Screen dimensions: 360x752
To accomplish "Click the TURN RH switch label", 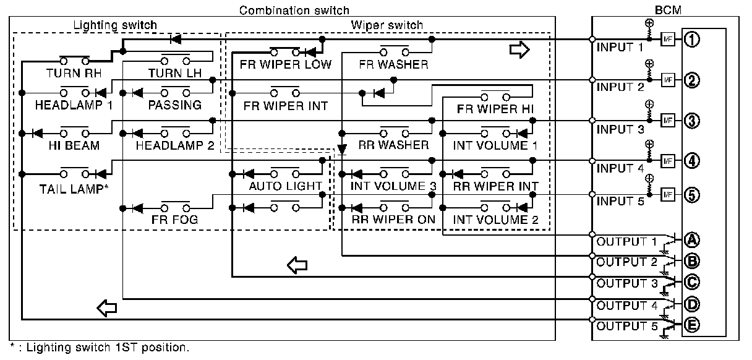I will click(x=74, y=73).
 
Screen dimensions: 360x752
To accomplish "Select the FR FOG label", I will click(x=170, y=220).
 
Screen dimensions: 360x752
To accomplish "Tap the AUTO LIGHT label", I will click(x=285, y=186).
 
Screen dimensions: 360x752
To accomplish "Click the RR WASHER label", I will click(x=393, y=145).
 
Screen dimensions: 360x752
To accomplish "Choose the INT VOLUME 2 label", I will click(x=495, y=220).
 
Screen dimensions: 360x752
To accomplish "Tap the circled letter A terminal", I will click(x=692, y=240).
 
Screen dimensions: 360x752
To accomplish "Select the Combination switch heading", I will click(x=294, y=11).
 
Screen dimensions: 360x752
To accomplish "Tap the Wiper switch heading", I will click(x=387, y=25).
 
